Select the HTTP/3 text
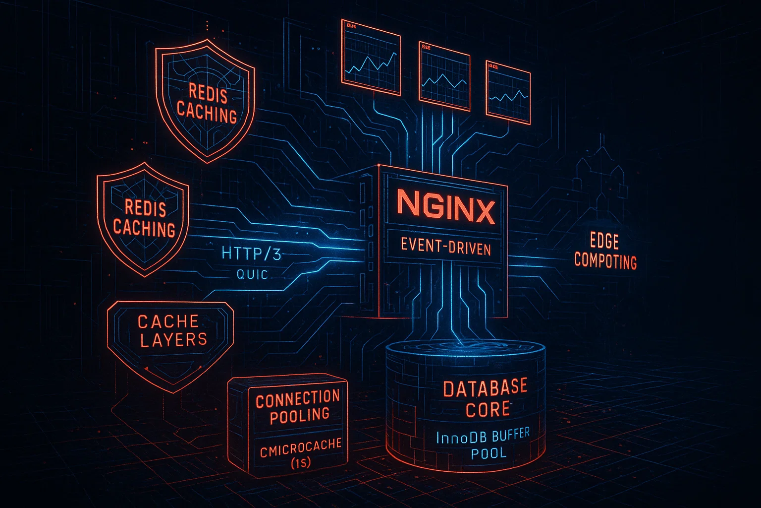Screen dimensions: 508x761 [x=251, y=254]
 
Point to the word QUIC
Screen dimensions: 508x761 [x=252, y=274]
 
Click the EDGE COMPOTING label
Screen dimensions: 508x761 [x=605, y=252]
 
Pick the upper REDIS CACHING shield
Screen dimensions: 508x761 [x=205, y=102]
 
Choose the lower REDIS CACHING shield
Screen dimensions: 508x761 [x=143, y=218]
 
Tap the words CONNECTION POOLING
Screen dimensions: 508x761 [x=298, y=406]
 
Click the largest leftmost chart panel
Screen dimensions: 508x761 [x=370, y=57]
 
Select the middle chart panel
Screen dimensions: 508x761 [x=444, y=75]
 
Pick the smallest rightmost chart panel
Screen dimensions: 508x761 [x=508, y=92]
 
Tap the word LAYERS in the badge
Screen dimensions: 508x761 [x=173, y=340]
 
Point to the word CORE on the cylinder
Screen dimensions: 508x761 [x=488, y=410]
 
